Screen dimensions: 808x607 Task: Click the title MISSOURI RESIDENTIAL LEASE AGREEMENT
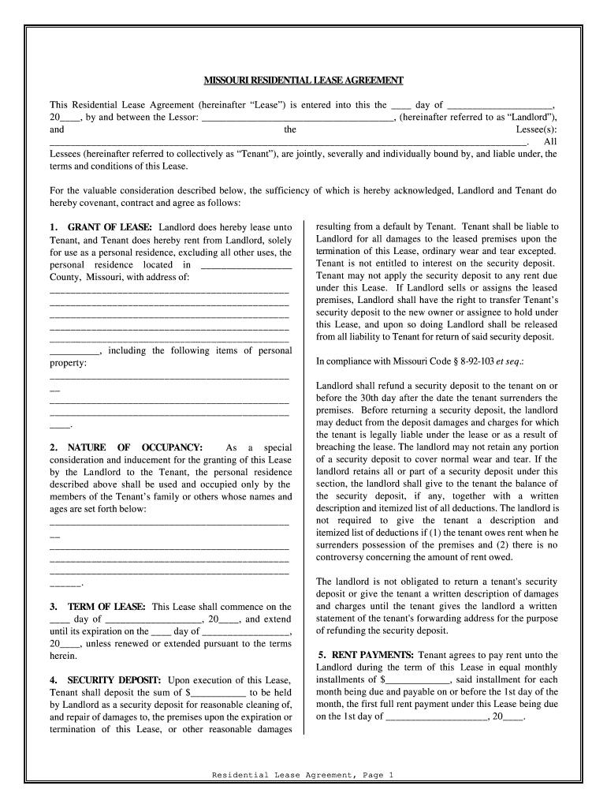(303, 81)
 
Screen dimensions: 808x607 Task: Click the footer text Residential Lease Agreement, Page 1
(303, 775)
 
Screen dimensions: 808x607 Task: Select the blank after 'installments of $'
(418, 679)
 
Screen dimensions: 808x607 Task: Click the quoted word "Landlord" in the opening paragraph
(531, 117)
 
